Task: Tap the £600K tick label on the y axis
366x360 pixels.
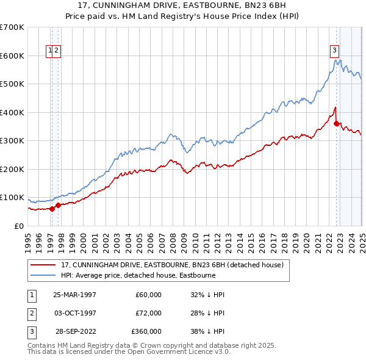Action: [x=12, y=56]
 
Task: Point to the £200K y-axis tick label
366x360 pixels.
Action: [x=12, y=169]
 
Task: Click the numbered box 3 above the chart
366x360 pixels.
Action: [x=335, y=51]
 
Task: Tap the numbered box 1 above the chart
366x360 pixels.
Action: [x=50, y=51]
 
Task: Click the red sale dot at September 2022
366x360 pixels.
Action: [x=337, y=123]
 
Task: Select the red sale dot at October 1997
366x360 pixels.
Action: [x=59, y=205]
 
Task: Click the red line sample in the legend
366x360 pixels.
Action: [x=44, y=265]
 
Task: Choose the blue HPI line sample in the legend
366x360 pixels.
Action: [x=44, y=276]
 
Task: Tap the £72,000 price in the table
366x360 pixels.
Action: [x=148, y=313]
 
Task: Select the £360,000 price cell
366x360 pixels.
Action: [x=146, y=331]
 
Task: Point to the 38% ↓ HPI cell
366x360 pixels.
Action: [x=207, y=331]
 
